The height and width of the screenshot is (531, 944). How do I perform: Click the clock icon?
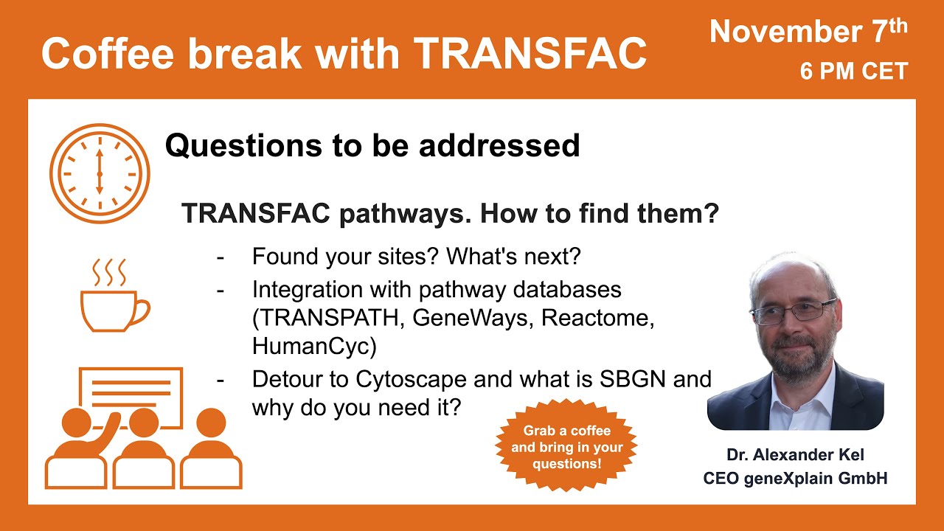coord(100,174)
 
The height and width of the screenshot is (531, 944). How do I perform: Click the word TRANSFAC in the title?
coord(530,53)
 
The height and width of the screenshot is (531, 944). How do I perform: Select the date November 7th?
coord(808,32)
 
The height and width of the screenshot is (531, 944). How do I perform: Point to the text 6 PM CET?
coord(854,72)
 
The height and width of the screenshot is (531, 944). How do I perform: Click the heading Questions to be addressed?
coord(372,145)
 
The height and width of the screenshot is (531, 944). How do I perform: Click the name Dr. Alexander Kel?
coord(795,455)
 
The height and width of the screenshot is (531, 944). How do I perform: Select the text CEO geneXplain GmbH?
coord(795,478)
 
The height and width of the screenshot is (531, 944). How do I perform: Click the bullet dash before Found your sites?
coord(221,257)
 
